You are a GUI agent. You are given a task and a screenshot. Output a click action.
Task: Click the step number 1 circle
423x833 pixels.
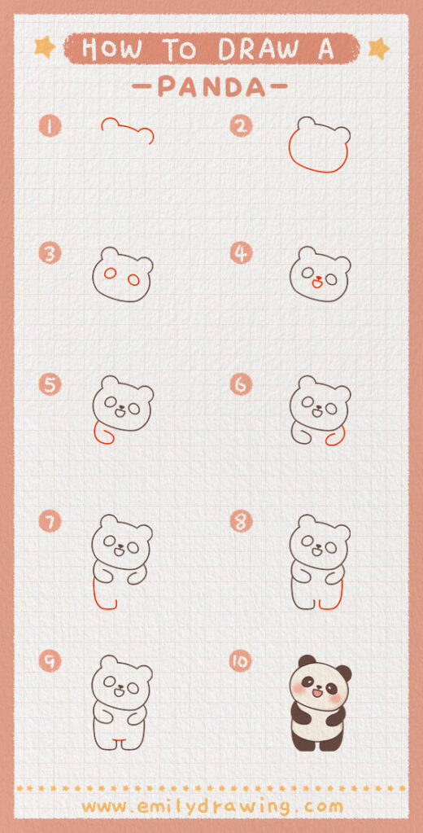(x=50, y=127)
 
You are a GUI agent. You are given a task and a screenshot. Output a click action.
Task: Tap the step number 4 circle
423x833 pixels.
(x=240, y=254)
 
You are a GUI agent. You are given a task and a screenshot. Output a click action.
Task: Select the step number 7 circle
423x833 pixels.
(x=50, y=522)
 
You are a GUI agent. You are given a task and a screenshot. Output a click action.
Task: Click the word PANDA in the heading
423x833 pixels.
(x=211, y=86)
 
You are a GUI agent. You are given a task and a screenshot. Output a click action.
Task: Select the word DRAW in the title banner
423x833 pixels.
(x=252, y=49)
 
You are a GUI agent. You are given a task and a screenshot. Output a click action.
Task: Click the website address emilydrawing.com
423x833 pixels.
(x=211, y=806)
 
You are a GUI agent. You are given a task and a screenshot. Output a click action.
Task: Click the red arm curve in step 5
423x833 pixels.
(x=101, y=433)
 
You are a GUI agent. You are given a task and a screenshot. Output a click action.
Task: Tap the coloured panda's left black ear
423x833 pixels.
(x=306, y=661)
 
